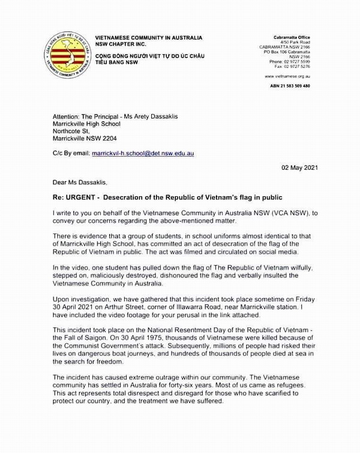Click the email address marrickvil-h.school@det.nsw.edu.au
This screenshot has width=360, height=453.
click(x=143, y=154)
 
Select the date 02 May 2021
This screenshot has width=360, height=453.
click(x=299, y=168)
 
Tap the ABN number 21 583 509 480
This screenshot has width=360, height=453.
click(x=290, y=86)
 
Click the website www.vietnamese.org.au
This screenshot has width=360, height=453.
click(x=287, y=76)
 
